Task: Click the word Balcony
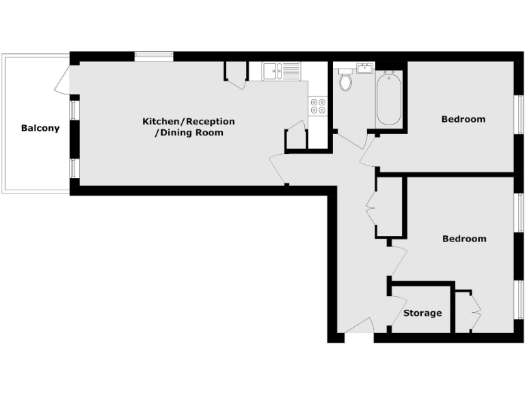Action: [40, 128]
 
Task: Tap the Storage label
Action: [422, 313]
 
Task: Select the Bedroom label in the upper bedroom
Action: [463, 119]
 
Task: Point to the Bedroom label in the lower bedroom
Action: [464, 239]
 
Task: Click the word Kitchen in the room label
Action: [163, 121]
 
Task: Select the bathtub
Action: [388, 99]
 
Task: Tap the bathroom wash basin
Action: [364, 68]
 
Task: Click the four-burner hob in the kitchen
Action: [318, 105]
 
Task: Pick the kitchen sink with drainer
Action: [280, 70]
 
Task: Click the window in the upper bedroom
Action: [518, 113]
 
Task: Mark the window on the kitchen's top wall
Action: [153, 57]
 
